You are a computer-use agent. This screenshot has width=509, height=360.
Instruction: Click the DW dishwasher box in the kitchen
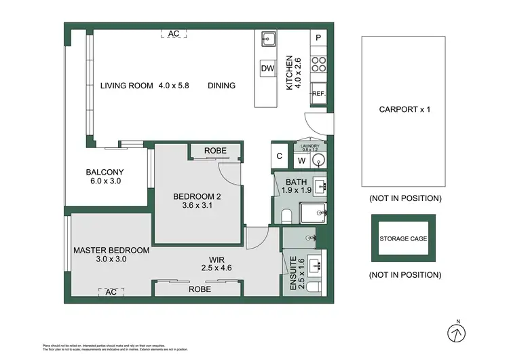pos(267,69)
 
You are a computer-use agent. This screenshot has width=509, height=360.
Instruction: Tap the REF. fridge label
pos(318,94)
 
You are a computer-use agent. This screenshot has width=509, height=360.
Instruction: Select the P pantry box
pos(318,38)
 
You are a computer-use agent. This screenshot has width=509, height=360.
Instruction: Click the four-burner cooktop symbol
pos(318,64)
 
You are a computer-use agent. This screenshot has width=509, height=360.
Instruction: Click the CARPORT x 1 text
pos(404,109)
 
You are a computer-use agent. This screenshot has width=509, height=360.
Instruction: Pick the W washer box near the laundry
pos(301,162)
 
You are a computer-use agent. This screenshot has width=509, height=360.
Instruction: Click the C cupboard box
pos(280,155)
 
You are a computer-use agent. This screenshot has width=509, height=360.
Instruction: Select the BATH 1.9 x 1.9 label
pos(297,186)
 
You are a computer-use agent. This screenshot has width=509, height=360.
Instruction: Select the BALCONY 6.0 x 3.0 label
pos(105,177)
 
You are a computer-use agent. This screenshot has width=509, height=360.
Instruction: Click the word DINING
pos(221,86)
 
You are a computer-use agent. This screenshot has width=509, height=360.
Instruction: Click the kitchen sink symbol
pos(267,39)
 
